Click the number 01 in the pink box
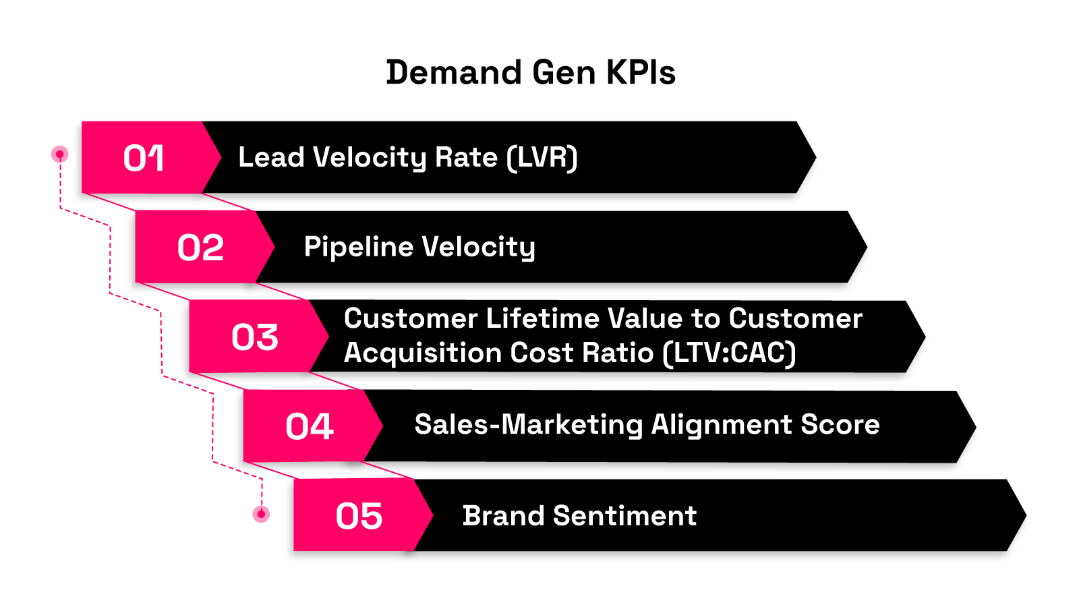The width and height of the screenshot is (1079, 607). (x=144, y=158)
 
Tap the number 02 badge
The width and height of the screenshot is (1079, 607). (x=200, y=248)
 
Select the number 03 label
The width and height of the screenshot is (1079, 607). (x=255, y=337)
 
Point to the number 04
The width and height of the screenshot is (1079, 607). (x=310, y=426)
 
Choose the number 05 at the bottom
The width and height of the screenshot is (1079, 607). (x=359, y=516)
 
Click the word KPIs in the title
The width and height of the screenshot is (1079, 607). (x=641, y=72)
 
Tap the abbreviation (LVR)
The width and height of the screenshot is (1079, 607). (x=542, y=158)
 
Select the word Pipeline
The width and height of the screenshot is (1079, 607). (x=359, y=247)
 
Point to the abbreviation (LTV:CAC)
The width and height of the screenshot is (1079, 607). (x=729, y=353)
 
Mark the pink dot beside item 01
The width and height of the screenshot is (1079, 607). (x=60, y=154)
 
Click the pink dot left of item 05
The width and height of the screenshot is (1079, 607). (x=261, y=514)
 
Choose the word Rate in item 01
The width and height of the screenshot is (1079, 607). (x=466, y=158)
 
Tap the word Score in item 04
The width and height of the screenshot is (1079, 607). (x=840, y=424)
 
